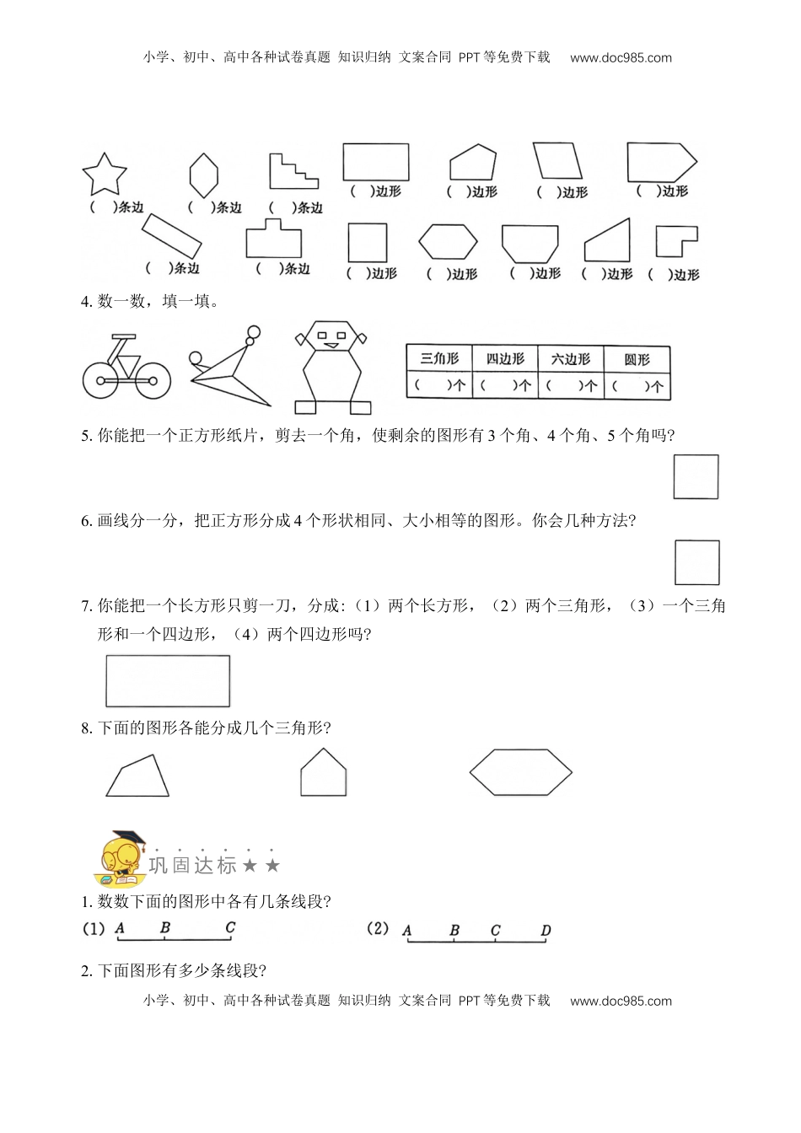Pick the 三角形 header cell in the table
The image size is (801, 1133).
pos(439,359)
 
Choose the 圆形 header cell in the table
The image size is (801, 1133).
pos(637,359)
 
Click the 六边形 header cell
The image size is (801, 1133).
pos(572,359)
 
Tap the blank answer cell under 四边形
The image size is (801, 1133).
pos(505,385)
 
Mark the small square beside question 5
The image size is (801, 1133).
pos(696,477)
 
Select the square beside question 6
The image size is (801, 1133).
pos(697,562)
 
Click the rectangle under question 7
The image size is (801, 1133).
pos(168,681)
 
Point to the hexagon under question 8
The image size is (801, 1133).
pos(520,771)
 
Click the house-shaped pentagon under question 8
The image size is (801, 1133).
pos(324,772)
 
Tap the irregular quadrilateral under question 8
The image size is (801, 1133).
pos(139,777)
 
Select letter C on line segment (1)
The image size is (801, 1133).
pos(230,927)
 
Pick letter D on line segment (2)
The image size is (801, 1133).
pos(546,931)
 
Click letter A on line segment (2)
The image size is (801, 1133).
pos(407,931)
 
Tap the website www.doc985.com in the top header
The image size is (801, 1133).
pos(621,57)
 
